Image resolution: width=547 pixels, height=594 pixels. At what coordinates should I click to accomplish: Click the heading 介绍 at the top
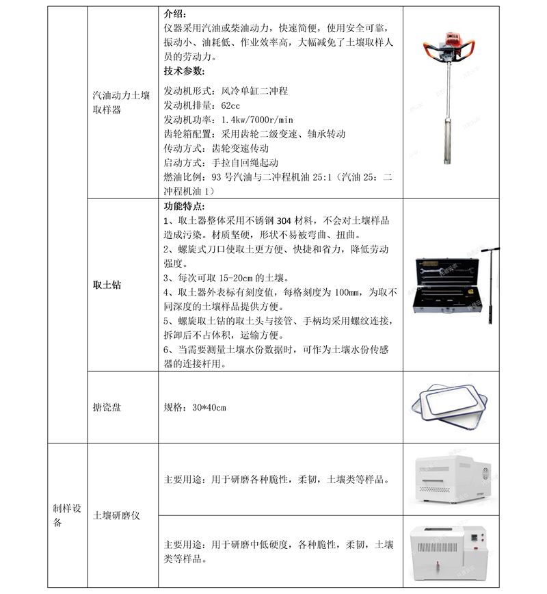pos(174,13)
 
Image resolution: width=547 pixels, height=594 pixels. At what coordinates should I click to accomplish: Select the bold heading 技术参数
pos(184,70)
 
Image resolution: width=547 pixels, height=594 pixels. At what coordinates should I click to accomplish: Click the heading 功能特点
pos(184,206)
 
